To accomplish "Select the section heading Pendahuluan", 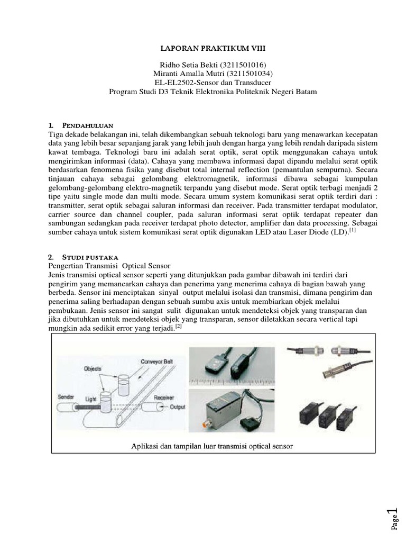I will click(x=88, y=125).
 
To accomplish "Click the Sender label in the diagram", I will click(x=65, y=396).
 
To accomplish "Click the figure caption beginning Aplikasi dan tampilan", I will click(x=211, y=446).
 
